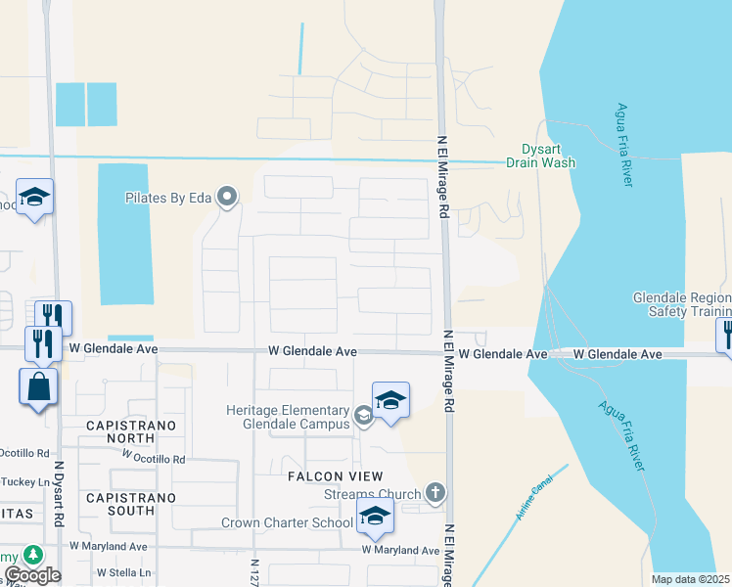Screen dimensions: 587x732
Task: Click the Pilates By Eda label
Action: (x=168, y=197)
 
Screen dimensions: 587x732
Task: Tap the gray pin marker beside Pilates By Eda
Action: (x=227, y=198)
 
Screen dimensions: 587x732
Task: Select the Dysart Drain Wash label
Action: (x=540, y=157)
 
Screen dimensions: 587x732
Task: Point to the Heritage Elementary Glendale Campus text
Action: (x=288, y=417)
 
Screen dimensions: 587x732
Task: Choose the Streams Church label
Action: (x=372, y=495)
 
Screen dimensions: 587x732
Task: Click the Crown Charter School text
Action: (x=286, y=523)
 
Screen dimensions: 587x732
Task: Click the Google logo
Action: (x=31, y=575)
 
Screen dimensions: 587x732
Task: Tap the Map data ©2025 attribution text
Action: (x=691, y=580)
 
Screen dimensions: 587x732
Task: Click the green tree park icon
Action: (x=33, y=556)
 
